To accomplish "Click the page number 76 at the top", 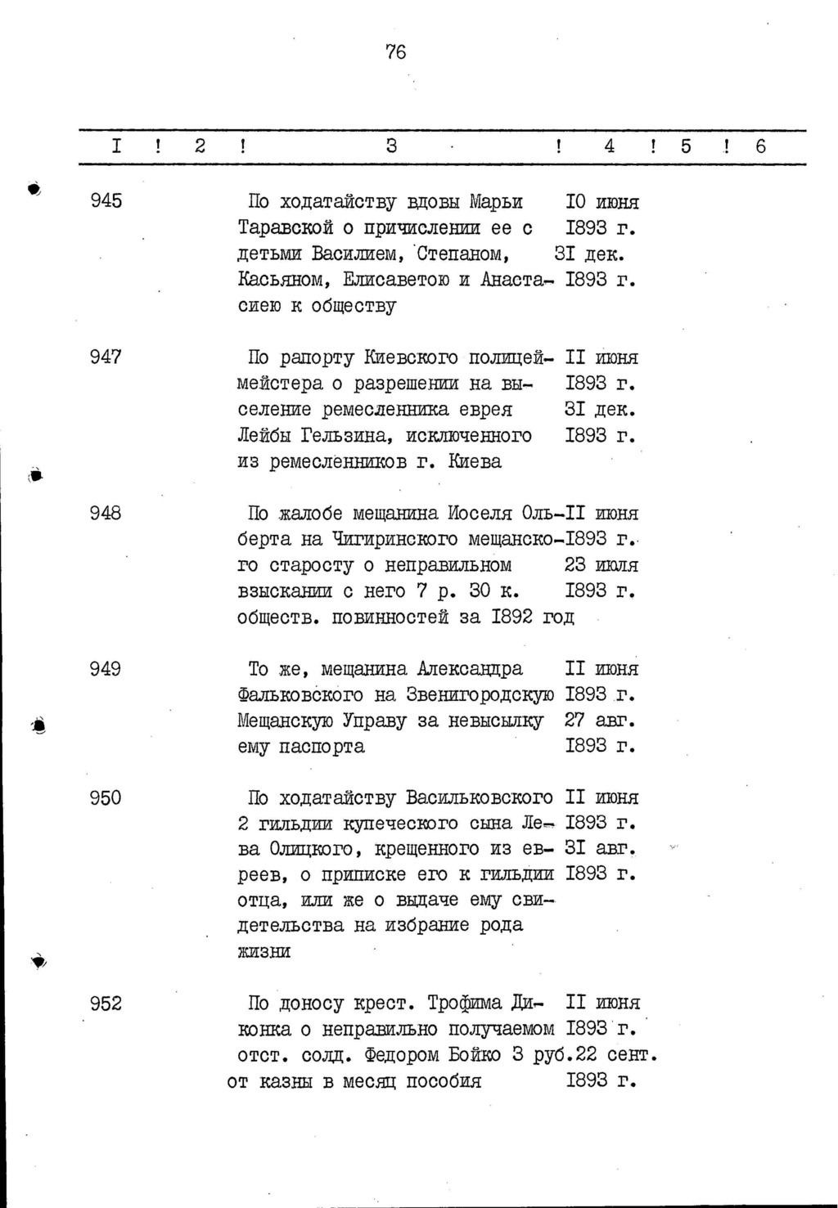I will [395, 52].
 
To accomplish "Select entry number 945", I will [106, 201].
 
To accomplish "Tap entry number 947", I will [106, 357].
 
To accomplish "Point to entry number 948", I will [106, 514].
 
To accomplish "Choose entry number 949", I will [106, 669].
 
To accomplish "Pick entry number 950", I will [106, 798].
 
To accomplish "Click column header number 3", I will [391, 147].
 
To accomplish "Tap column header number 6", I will [761, 147].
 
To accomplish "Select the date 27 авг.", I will [600, 721].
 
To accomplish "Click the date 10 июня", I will [602, 201].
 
